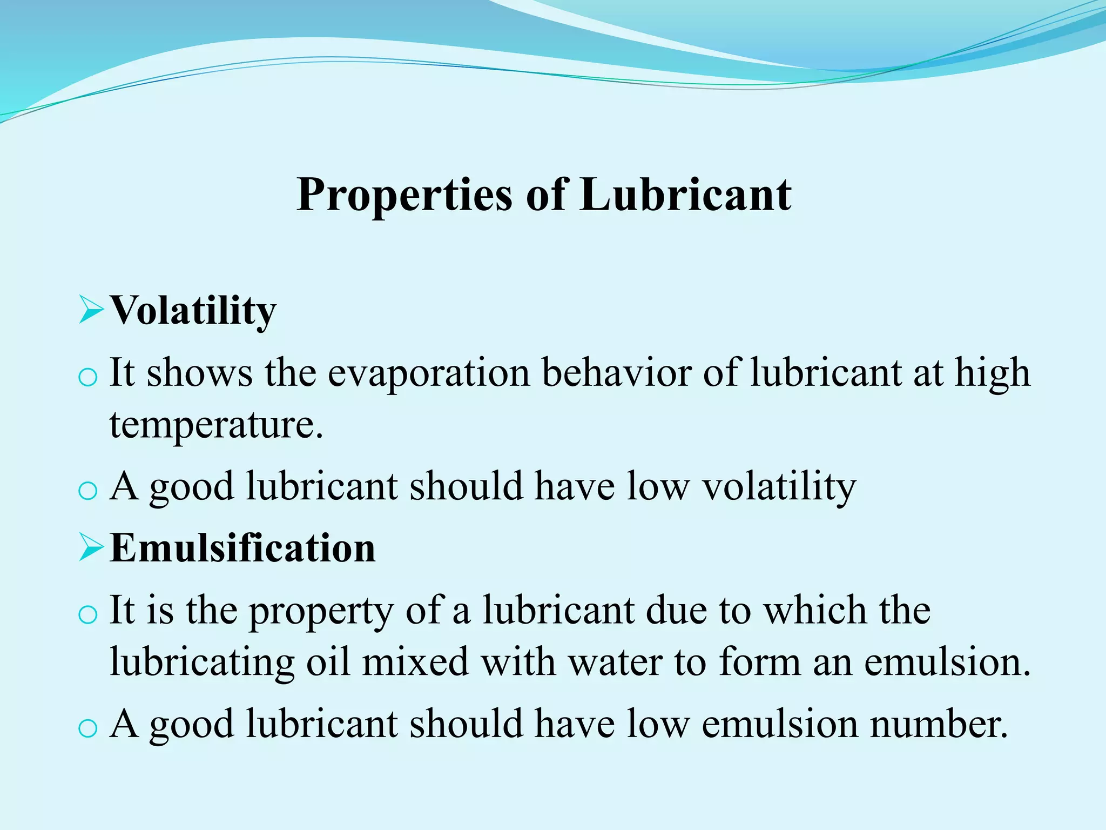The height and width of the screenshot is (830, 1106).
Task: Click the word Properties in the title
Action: [x=404, y=196]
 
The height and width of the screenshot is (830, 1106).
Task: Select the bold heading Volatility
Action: [x=193, y=311]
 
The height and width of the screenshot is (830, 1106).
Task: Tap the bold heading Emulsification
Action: [x=242, y=548]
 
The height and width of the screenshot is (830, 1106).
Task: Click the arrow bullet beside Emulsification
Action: [x=90, y=547]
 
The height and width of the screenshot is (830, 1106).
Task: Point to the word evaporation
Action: [x=429, y=374]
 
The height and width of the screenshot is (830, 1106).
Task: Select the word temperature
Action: [x=216, y=426]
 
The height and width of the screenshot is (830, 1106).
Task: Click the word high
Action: [x=992, y=374]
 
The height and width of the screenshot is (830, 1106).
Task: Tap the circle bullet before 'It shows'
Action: [x=87, y=377]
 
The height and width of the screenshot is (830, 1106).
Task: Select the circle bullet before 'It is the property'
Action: [x=87, y=615]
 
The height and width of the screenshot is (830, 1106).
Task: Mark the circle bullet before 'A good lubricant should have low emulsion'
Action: [x=87, y=728]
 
